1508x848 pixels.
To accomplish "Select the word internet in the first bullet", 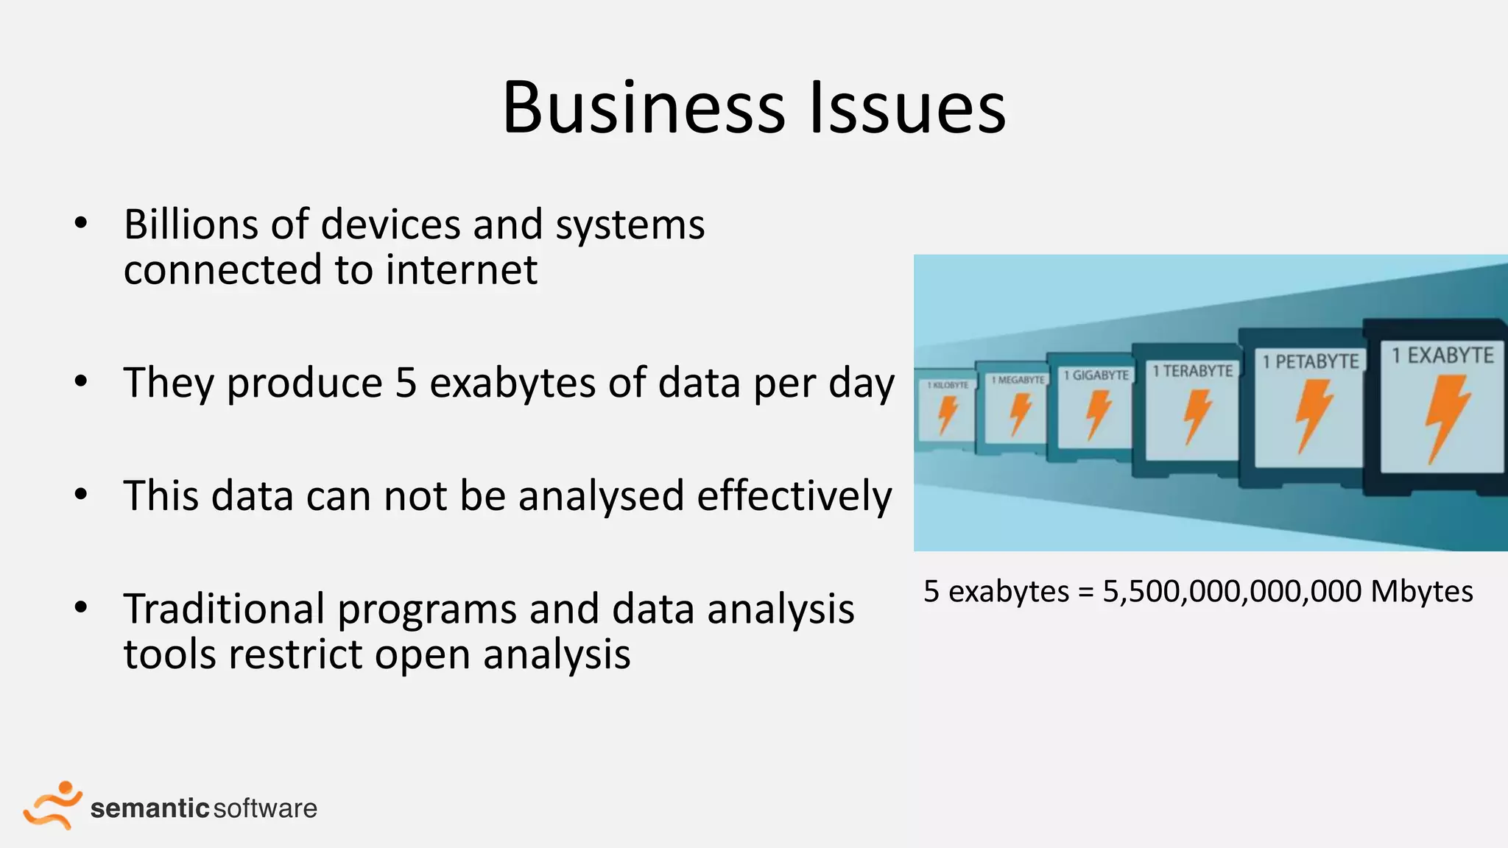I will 462,269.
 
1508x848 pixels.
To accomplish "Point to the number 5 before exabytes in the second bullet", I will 406,383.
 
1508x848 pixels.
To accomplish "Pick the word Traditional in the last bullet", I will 224,609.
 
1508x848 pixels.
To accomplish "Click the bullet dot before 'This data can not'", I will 81,495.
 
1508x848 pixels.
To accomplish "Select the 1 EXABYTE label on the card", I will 1442,356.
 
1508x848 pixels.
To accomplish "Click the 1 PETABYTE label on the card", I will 1310,361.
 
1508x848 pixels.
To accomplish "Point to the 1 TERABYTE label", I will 1192,371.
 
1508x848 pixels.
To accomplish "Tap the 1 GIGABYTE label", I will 1096,375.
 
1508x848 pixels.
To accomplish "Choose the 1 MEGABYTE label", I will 1018,380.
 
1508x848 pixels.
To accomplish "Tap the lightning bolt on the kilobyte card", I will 947,414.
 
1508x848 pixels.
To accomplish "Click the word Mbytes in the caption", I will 1421,592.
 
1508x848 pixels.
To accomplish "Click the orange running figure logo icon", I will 52,805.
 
